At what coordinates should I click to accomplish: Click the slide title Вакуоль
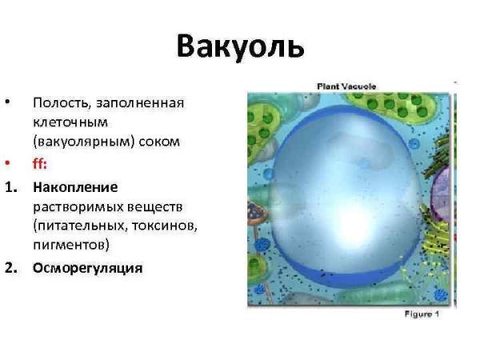coord(240,46)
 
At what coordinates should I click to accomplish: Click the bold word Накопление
coord(75,187)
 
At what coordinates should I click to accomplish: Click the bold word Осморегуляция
coord(87,268)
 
